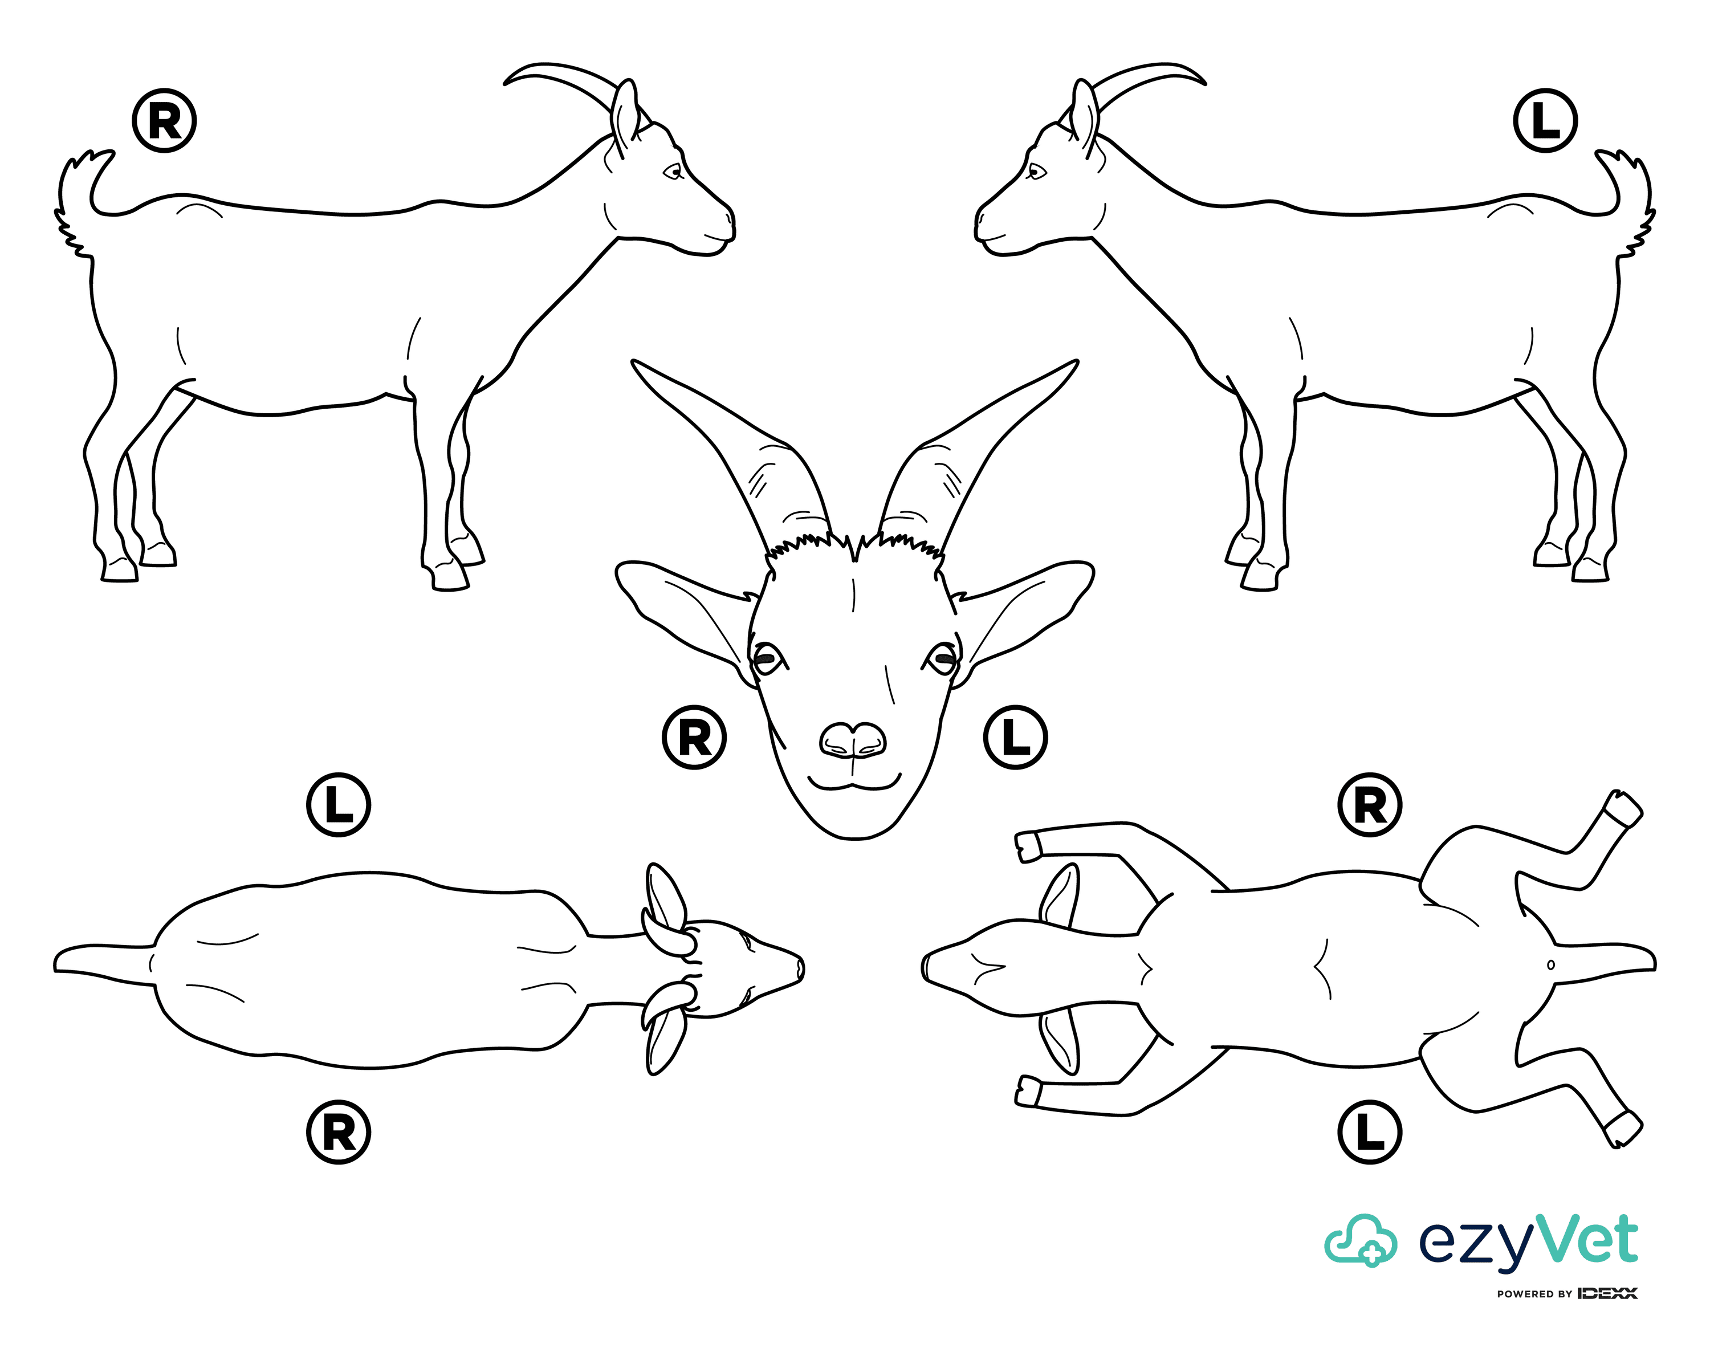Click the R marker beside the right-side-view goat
pos(164,121)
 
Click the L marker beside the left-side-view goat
pos(1545,121)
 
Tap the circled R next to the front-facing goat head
pos(694,738)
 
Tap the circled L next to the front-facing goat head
pos(1015,738)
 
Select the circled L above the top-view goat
pos(339,805)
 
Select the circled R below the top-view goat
pos(339,1131)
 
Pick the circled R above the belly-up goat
pos(1370,805)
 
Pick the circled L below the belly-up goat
pos(1370,1131)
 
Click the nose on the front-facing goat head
pos(853,740)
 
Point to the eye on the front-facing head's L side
pos(943,657)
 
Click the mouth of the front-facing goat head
pos(853,784)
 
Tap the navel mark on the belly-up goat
pos(1550,965)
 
